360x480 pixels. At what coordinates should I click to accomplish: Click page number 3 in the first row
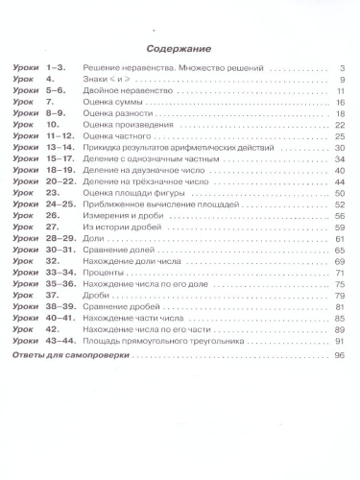click(341, 69)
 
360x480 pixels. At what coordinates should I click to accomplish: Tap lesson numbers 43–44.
click(60, 341)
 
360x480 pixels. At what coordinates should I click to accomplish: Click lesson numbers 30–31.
click(60, 250)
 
